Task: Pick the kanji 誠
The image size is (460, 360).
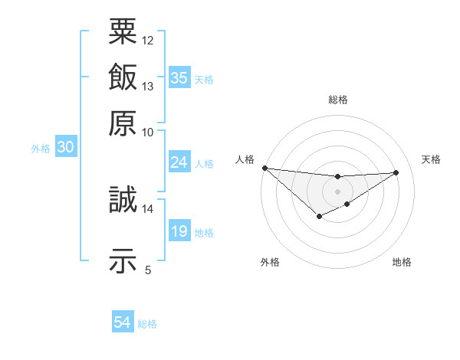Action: coord(123,201)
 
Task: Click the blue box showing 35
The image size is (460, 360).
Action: coord(179,77)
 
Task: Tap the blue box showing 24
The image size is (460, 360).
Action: coord(179,162)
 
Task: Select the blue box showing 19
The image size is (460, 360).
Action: coord(179,231)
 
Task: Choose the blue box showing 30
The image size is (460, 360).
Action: coord(65,148)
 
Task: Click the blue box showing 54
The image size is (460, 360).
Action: coord(123,322)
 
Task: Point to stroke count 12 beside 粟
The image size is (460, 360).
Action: coord(148,40)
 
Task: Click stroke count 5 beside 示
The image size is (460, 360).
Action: coord(148,270)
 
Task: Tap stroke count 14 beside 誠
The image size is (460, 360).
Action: coord(148,208)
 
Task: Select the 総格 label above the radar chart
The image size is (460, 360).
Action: coord(337,100)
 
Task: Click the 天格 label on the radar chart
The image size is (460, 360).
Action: coord(431,159)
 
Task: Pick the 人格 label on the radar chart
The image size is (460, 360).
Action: coord(245,159)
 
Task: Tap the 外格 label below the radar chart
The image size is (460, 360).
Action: coord(270,262)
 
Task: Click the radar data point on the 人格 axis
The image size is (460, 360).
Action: coord(264,168)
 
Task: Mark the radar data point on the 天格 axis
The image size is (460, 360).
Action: coord(396,172)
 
